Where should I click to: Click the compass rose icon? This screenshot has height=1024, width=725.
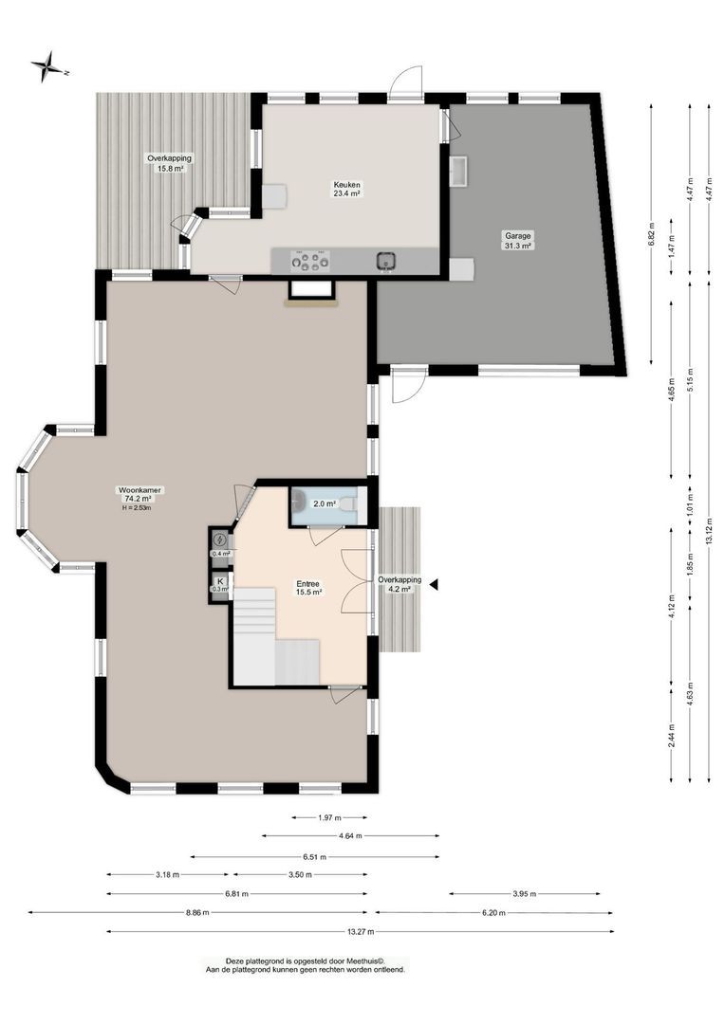(x=46, y=67)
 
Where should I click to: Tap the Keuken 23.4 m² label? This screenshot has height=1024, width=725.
(x=346, y=188)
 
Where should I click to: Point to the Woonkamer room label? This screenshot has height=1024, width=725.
(x=139, y=490)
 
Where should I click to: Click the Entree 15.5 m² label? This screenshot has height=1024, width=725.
(x=307, y=587)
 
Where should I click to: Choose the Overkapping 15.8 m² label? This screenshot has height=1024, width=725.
(x=164, y=162)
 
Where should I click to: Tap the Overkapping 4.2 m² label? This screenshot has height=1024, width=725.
(x=399, y=583)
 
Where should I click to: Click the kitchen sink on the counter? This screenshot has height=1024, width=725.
(x=386, y=260)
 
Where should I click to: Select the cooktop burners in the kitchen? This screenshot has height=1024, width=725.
(x=310, y=261)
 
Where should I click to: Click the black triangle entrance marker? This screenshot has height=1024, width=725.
(x=434, y=585)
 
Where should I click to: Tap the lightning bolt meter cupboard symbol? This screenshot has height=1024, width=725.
(x=219, y=541)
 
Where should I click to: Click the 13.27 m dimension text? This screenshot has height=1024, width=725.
(x=360, y=932)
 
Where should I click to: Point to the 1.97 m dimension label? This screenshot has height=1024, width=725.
(x=328, y=817)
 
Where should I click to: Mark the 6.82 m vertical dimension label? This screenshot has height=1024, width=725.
(x=652, y=241)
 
